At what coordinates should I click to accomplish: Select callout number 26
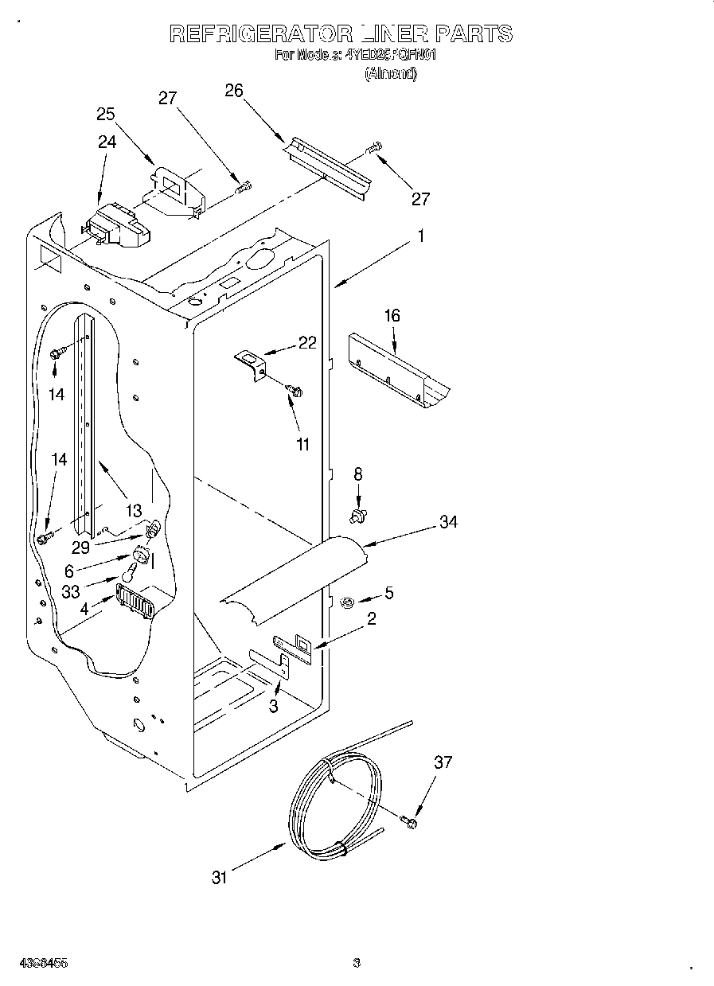[233, 91]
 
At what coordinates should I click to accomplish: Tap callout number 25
[106, 114]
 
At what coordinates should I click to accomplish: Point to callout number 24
[107, 142]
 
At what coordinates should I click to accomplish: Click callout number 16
[392, 316]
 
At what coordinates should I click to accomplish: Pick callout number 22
[307, 343]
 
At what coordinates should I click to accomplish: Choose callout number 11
[302, 444]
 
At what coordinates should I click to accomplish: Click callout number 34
[448, 522]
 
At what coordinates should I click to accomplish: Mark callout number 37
[443, 762]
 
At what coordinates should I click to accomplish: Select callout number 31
[219, 877]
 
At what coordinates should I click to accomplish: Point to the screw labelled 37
[409, 821]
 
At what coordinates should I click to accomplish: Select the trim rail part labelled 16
[398, 370]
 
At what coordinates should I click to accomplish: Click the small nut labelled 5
[347, 602]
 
